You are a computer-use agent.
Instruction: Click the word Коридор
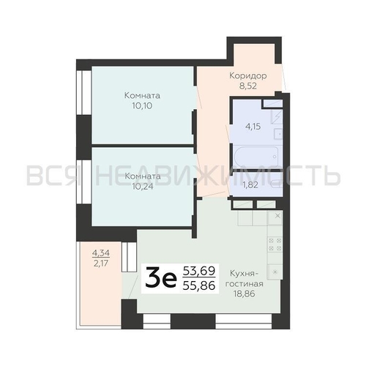coord(248,76)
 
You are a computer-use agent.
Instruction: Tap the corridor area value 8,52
coord(248,86)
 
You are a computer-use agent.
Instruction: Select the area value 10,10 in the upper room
coord(142,106)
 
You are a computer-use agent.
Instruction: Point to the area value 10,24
coord(143,187)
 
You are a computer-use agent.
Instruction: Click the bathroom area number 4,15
coord(253,127)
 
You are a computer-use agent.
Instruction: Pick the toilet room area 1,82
coord(250,185)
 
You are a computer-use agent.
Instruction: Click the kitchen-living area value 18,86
coord(244,294)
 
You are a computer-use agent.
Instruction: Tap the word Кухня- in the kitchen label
coord(244,274)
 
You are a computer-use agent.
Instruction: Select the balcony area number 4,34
coord(101,253)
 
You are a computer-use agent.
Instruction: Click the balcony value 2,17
coord(101,264)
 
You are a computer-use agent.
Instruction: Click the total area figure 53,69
coord(199,271)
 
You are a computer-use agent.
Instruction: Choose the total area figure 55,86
coord(199,285)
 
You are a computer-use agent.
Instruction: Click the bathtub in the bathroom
coord(255,157)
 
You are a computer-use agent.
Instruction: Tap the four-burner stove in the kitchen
coord(275,244)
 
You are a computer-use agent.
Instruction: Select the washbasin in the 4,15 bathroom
coord(278,134)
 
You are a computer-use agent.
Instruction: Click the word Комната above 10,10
coord(142,95)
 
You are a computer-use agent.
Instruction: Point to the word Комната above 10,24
coord(143,176)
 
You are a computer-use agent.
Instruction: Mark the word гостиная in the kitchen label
coord(244,284)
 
